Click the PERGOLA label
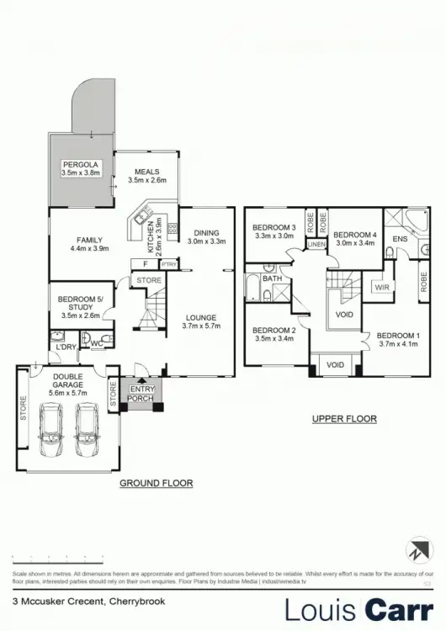pos(80,164)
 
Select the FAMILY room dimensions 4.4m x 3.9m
pos(89,249)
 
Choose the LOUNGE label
pos(201,318)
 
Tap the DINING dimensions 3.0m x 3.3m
pos(206,241)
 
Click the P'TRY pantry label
pos(168,264)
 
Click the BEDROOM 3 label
pos(273,228)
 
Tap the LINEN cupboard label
pos(316,245)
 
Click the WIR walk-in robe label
pos(382,287)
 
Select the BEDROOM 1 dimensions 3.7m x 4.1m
pos(398,343)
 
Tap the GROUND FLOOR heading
pos(156,483)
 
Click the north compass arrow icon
pos(418,552)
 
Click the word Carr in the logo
pos(396,608)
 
